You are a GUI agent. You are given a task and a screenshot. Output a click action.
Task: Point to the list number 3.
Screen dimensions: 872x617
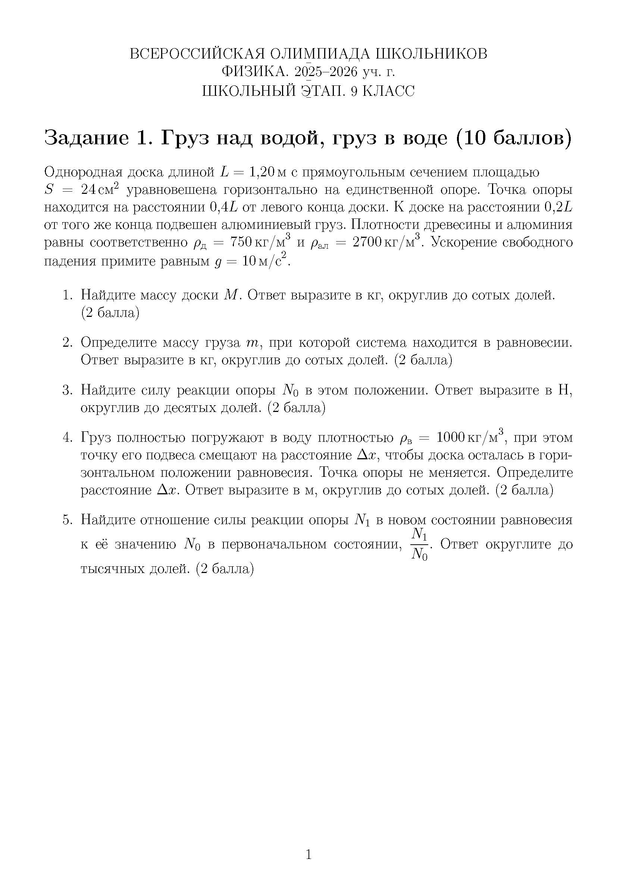point(67,390)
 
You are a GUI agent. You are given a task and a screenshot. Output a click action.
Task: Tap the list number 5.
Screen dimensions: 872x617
point(67,520)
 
